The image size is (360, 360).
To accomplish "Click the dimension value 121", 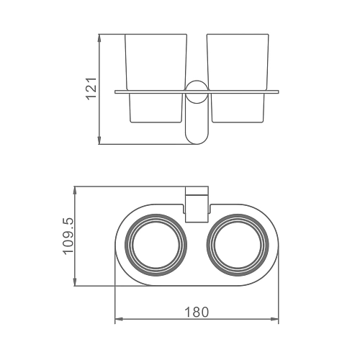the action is (x=91, y=89).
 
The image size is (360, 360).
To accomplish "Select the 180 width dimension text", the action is (x=197, y=312).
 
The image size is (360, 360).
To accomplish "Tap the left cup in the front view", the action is (x=156, y=78).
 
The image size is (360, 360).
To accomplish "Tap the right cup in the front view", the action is (x=238, y=78).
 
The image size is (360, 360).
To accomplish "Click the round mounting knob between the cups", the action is (x=197, y=92).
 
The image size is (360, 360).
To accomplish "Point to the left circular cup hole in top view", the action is (x=156, y=245).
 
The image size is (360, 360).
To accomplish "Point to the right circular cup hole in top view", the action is (x=238, y=245).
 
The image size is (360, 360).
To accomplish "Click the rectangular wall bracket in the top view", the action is (x=197, y=204).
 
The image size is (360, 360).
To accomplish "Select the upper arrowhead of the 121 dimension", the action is (x=99, y=38).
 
